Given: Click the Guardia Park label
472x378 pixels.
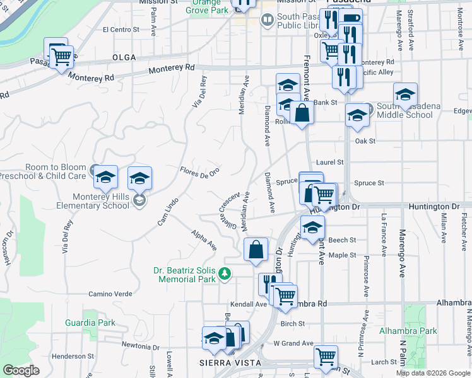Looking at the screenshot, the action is pyautogui.click(x=90, y=323).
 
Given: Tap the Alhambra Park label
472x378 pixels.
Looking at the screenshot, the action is pyautogui.click(x=408, y=331).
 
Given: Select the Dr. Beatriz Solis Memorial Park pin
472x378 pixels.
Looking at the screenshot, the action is pyautogui.click(x=225, y=273).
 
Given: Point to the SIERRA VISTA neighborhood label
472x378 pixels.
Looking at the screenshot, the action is pyautogui.click(x=230, y=363).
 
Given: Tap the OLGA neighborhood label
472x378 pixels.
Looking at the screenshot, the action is pyautogui.click(x=124, y=57).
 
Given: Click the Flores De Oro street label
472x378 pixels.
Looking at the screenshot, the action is pyautogui.click(x=199, y=171).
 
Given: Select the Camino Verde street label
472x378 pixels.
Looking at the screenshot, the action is pyautogui.click(x=110, y=294).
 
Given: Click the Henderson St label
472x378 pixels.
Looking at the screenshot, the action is pyautogui.click(x=73, y=357).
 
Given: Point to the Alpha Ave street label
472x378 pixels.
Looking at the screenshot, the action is pyautogui.click(x=204, y=240).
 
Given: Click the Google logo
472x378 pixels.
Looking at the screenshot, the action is pyautogui.click(x=21, y=370).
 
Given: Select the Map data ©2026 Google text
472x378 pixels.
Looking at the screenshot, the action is pyautogui.click(x=433, y=373).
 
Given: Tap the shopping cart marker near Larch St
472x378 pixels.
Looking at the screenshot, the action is pyautogui.click(x=326, y=357).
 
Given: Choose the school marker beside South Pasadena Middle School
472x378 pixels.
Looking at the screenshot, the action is pyautogui.click(x=405, y=95).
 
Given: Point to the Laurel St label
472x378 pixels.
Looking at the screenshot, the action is pyautogui.click(x=331, y=162).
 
